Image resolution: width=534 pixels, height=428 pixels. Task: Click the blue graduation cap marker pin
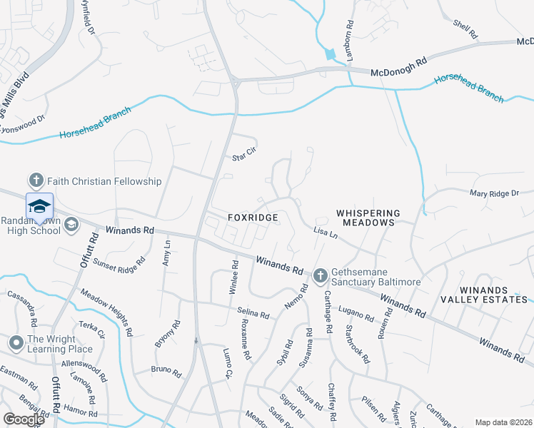point(39,206)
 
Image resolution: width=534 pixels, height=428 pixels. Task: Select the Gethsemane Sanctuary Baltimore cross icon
point(320,275)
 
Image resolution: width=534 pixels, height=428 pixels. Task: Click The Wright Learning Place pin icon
point(15,344)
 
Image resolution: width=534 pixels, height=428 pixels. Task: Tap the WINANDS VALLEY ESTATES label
point(484,295)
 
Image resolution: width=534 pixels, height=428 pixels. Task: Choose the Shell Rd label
point(465,29)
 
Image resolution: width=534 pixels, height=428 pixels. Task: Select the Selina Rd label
point(253,315)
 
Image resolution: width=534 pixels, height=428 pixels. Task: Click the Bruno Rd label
point(166,370)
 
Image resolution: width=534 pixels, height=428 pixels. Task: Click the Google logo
point(24,419)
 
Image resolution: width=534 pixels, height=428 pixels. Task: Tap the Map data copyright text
point(503,422)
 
